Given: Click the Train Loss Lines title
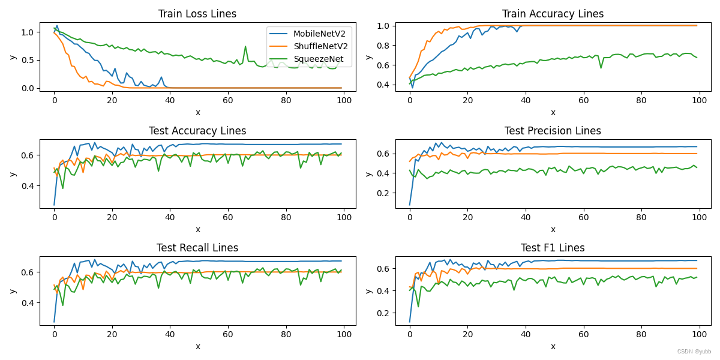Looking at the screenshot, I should click(197, 14).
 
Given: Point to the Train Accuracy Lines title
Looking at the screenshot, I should click(553, 14).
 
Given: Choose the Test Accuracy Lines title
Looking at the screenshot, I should click(197, 131).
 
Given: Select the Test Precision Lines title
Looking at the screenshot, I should click(553, 131).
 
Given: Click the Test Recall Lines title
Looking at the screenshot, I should click(197, 248).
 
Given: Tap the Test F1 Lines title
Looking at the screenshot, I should click(553, 248).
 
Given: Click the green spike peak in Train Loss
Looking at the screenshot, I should click(245, 46).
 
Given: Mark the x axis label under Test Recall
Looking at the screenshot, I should click(197, 346).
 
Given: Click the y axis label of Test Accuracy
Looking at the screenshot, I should click(13, 174).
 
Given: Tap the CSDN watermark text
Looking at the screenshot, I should click(694, 352).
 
